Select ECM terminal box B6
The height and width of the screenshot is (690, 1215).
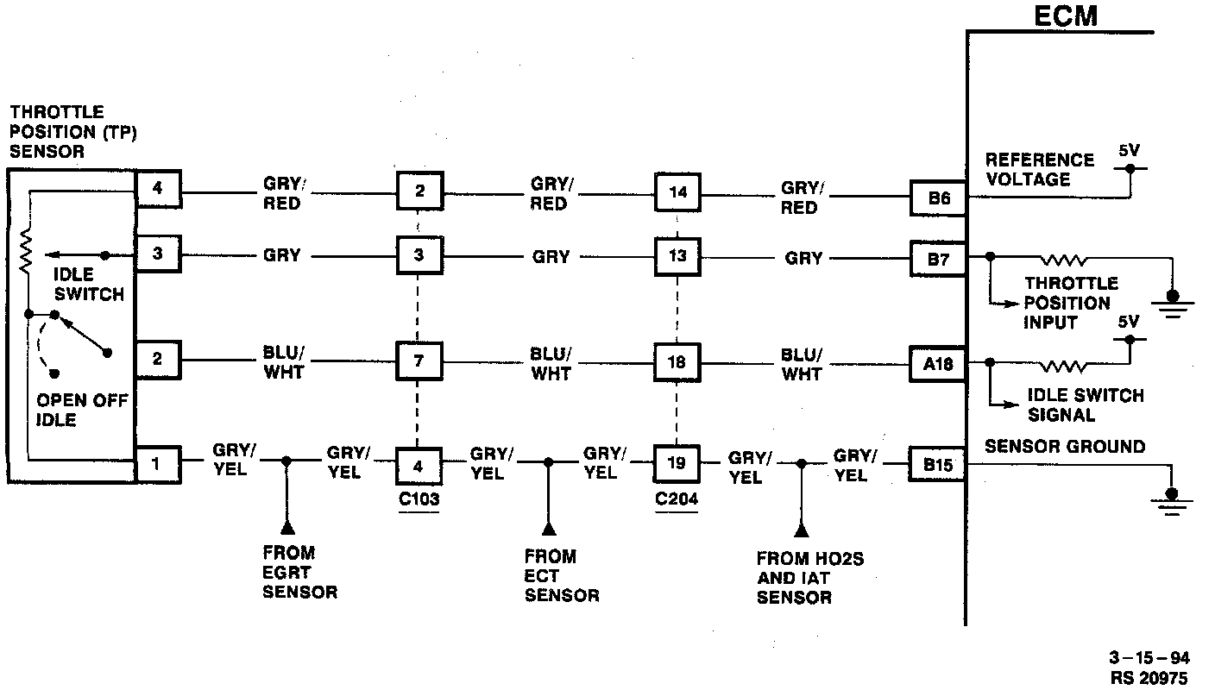click(939, 198)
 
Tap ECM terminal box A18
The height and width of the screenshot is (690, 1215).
click(939, 363)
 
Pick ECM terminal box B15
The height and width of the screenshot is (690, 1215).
click(939, 465)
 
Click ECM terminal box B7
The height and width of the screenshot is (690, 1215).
click(939, 257)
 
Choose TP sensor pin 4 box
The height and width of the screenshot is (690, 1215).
click(158, 188)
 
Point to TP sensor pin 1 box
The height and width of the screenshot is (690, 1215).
click(158, 465)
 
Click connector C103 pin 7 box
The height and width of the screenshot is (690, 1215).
click(419, 361)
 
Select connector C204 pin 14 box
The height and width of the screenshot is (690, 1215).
click(677, 191)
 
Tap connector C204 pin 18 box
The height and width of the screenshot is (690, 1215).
click(677, 361)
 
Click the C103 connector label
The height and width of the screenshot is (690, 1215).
click(419, 499)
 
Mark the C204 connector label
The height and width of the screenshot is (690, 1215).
click(677, 499)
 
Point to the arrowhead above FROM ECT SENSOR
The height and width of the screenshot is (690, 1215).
click(548, 526)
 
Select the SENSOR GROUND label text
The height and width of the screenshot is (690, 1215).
click(1065, 447)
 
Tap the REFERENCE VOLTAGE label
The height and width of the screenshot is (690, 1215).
click(1039, 170)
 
